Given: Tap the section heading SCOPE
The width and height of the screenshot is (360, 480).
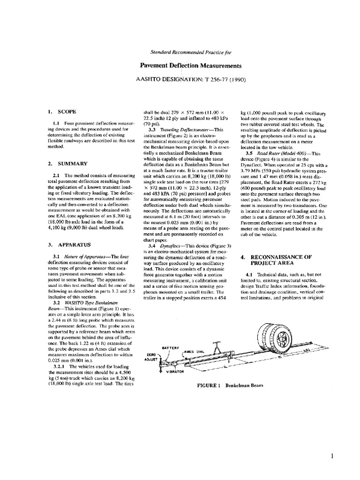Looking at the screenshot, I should point(66,112).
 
